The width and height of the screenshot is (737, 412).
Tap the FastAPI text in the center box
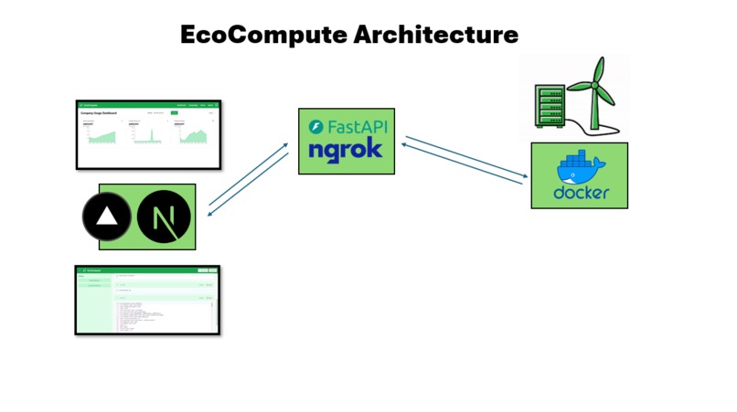[356, 126]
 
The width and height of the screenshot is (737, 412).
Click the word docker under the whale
[581, 194]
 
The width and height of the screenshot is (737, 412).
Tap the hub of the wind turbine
[596, 82]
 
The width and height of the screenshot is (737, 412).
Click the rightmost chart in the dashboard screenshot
[193, 135]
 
